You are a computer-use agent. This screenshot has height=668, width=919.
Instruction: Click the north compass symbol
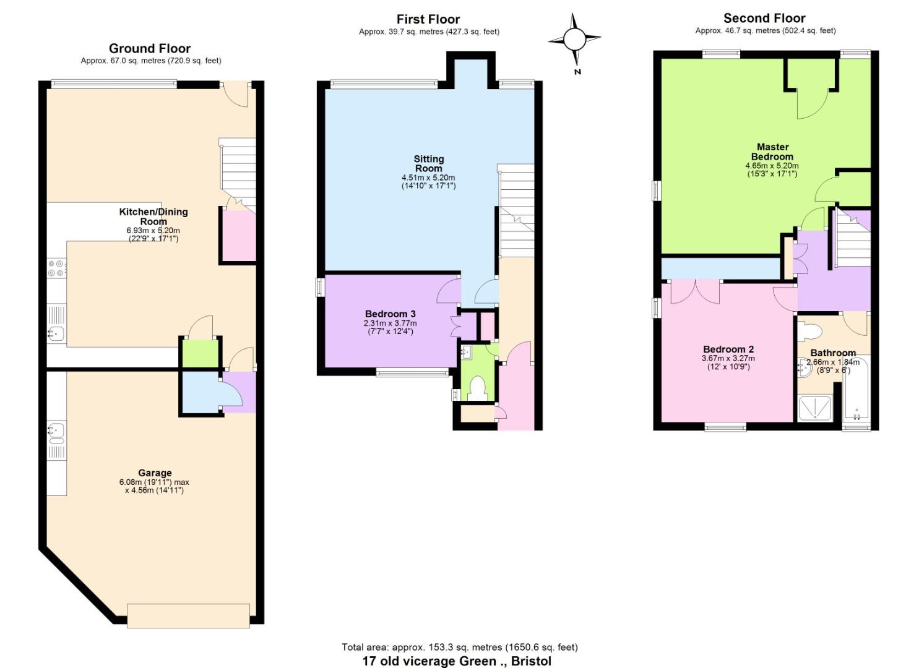[574, 40]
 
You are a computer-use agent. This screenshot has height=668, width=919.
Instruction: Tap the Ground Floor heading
[150, 48]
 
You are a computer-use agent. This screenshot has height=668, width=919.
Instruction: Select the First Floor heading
[428, 19]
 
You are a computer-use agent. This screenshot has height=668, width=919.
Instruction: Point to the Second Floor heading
[764, 18]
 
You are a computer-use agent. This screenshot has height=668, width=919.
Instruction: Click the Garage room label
[155, 473]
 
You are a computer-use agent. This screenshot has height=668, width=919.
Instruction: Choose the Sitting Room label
[429, 163]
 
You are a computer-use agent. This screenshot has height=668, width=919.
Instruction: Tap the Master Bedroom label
[772, 152]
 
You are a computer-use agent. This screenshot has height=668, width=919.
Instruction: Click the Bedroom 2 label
[728, 349]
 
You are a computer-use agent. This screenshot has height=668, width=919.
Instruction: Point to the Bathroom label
[833, 353]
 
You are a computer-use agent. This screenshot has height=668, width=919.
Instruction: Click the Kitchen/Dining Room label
[153, 216]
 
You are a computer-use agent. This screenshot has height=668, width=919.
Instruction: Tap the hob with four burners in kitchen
[56, 268]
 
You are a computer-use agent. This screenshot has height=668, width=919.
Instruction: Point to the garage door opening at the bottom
[188, 615]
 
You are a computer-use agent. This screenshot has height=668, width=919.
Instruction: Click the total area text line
[459, 648]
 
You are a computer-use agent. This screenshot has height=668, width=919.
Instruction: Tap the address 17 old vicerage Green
[456, 661]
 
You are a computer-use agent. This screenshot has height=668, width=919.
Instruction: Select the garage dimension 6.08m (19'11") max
[155, 482]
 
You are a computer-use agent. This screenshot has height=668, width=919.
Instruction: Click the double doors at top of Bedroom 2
[695, 291]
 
